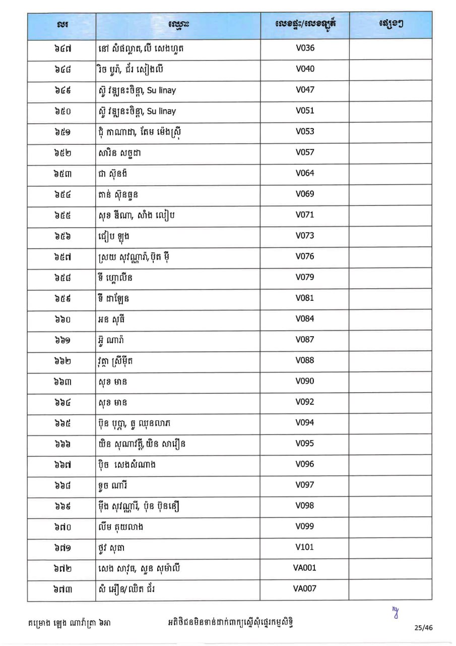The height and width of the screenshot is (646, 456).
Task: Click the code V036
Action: (304, 48)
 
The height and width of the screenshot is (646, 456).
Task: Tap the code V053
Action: (304, 132)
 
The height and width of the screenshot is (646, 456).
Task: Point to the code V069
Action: (304, 194)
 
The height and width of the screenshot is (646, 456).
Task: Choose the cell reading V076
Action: (304, 256)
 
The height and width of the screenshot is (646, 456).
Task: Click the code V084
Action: (304, 318)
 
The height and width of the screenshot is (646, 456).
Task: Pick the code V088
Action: (304, 360)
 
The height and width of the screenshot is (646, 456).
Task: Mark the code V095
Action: (304, 444)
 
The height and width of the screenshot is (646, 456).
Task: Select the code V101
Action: (304, 547)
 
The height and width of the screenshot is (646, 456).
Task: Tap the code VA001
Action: (304, 568)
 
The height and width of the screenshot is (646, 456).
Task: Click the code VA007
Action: (304, 588)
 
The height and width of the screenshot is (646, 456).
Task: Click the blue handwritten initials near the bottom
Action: (395, 612)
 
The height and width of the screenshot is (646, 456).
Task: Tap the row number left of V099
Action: (62, 526)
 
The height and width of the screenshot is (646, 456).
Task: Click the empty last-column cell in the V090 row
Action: (390, 381)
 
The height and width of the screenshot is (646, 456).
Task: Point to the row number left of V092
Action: (62, 402)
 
